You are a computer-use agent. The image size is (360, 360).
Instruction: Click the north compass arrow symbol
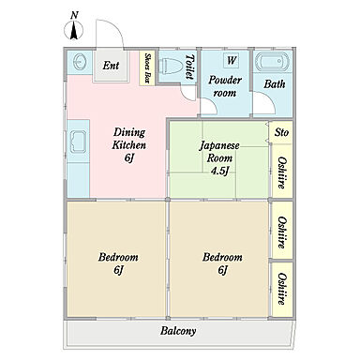coord(74,31)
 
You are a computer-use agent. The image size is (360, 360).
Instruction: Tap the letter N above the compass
coord(74,15)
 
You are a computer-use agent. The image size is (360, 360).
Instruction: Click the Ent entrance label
coord(111,66)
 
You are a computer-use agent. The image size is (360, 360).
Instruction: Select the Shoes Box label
coord(147,67)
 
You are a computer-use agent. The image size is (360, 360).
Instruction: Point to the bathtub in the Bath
coord(272,62)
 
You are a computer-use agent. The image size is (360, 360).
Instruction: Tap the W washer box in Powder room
coord(232,60)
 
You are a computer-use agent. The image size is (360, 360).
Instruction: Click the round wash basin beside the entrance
coord(81,62)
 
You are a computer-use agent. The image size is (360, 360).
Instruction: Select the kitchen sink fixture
coord(78,142)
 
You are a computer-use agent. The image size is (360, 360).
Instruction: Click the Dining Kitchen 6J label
coord(129,145)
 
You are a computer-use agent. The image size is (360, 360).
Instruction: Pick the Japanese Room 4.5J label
coord(219,158)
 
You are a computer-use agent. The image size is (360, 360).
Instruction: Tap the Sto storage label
coord(281,132)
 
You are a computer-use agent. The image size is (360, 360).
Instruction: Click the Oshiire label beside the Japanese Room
coord(281,172)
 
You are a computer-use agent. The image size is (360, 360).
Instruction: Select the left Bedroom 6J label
coord(118,263)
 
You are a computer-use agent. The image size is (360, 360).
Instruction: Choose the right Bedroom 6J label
coord(222,263)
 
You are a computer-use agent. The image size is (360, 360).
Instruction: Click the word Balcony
coord(178,331)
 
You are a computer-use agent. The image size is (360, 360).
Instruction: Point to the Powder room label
coord(225,86)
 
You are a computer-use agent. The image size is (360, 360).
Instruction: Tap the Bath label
coord(275,83)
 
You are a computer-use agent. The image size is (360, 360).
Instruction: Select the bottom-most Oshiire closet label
coord(281,289)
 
